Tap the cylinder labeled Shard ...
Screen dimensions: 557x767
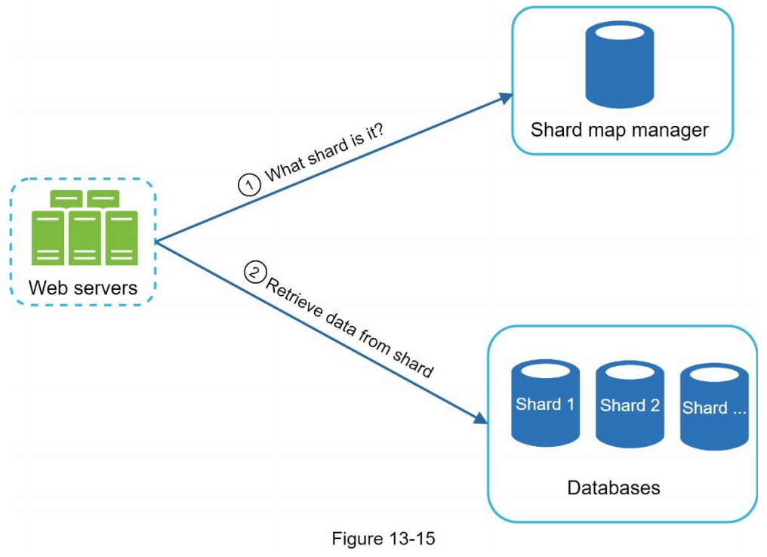(713, 407)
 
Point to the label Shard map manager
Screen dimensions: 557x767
(620, 130)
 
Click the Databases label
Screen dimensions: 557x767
(613, 488)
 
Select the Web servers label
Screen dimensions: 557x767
(83, 288)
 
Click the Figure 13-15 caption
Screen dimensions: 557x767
(383, 539)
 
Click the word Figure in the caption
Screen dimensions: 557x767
(356, 539)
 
